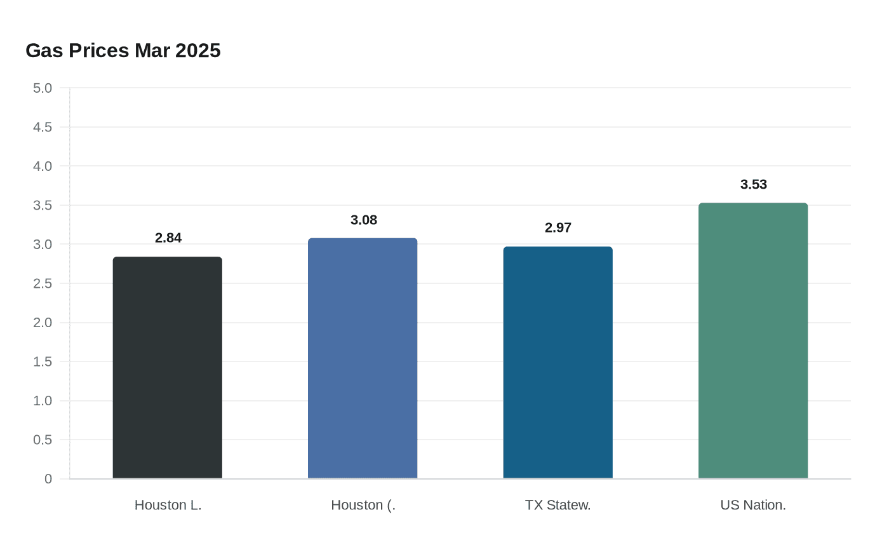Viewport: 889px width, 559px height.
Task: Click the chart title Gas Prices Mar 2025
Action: [123, 50]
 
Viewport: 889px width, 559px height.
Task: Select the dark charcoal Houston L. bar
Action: [168, 368]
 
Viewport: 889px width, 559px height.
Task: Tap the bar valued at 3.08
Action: [363, 358]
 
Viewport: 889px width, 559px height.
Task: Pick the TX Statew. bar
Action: [558, 363]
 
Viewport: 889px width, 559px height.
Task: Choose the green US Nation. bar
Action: [753, 341]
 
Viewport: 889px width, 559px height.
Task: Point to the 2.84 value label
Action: [168, 238]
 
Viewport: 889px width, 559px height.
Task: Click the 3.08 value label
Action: [364, 220]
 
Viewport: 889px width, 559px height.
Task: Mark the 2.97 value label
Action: [558, 227]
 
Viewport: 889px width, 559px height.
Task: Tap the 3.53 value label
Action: [754, 184]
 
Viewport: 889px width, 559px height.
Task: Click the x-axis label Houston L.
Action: [168, 505]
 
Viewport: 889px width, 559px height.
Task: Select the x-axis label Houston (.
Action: [363, 505]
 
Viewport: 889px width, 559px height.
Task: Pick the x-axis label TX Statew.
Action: [558, 505]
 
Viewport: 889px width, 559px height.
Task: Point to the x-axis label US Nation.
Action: [753, 505]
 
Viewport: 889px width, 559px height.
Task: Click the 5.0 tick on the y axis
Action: [43, 88]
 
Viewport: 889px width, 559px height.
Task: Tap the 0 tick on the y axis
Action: [48, 479]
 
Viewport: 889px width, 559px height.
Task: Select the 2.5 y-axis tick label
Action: [43, 283]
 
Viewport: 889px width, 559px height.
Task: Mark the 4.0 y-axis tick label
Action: [43, 166]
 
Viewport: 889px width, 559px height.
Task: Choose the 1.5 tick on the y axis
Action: [43, 361]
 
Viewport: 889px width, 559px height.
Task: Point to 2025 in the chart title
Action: [197, 50]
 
